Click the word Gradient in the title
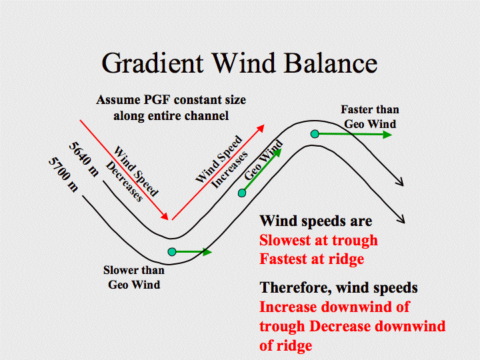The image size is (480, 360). coord(152,63)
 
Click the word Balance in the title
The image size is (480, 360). coord(331,63)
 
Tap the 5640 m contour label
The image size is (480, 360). coord(84,159)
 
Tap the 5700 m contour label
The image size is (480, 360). coord(64,175)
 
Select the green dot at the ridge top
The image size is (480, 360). coord(315,134)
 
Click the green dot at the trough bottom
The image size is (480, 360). coord(172,252)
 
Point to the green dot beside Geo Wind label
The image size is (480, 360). coord(242,193)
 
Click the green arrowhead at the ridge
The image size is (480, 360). coord(387,135)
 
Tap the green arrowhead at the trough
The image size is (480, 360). coord(207,252)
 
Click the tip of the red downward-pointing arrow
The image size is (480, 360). coord(168,219)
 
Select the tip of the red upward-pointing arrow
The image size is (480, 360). coord(264,125)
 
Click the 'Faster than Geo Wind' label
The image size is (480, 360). coord(370,117)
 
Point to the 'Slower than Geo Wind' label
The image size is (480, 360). coord(134,277)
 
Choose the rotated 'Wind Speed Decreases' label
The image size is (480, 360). coord(132,174)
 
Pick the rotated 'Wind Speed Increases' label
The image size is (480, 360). coord(222,162)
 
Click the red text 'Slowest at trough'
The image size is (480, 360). coord(319,240)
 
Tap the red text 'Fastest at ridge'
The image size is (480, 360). coord(311,259)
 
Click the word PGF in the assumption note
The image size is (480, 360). coord(156,100)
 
